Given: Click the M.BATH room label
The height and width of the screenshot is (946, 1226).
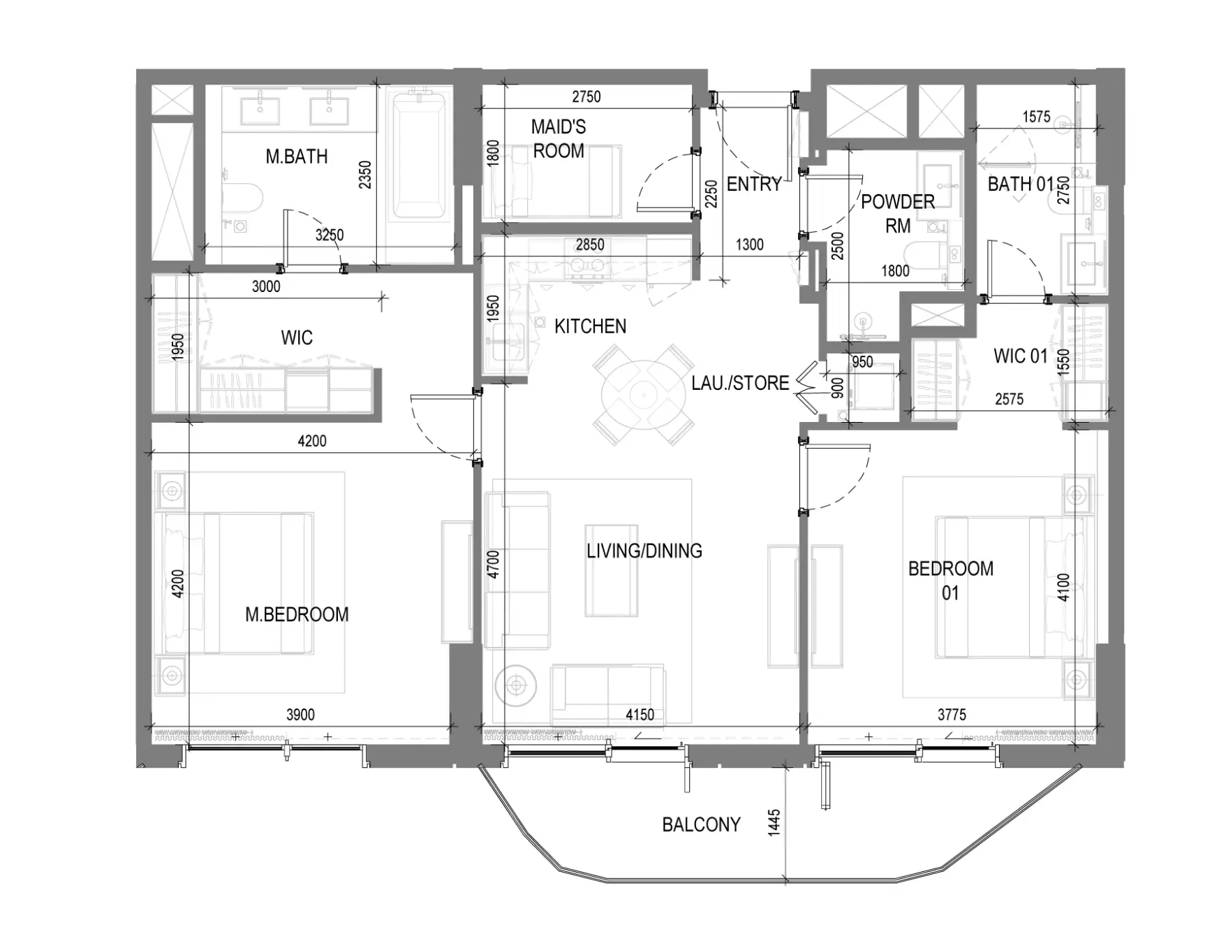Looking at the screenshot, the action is click(x=297, y=157).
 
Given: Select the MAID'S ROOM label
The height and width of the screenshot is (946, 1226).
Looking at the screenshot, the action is click(x=559, y=138).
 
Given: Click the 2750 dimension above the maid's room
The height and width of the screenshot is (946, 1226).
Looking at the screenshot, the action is click(x=586, y=97).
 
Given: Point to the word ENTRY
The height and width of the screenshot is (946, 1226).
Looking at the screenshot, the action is click(x=754, y=184).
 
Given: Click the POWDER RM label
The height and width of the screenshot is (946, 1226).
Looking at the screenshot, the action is click(x=898, y=214).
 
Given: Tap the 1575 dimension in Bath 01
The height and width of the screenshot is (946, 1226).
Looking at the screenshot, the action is click(x=1036, y=117).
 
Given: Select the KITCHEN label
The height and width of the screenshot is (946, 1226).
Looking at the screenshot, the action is click(x=591, y=326).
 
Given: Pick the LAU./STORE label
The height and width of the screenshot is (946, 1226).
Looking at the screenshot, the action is click(x=741, y=383).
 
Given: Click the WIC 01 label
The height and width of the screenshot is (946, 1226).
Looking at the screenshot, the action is click(x=1021, y=356).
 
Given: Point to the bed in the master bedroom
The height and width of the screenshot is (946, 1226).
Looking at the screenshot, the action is click(x=238, y=583).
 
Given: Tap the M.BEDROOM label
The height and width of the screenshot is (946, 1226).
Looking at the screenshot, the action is click(x=297, y=615).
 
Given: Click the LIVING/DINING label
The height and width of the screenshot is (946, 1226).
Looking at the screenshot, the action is click(x=644, y=551).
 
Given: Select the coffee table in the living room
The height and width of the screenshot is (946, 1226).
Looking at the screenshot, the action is click(x=612, y=570).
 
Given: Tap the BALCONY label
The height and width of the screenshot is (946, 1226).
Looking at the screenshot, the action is click(x=701, y=825).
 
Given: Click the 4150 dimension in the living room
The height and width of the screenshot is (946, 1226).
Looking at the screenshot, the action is click(x=640, y=715).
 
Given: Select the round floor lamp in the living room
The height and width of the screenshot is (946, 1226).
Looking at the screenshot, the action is click(x=516, y=685).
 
